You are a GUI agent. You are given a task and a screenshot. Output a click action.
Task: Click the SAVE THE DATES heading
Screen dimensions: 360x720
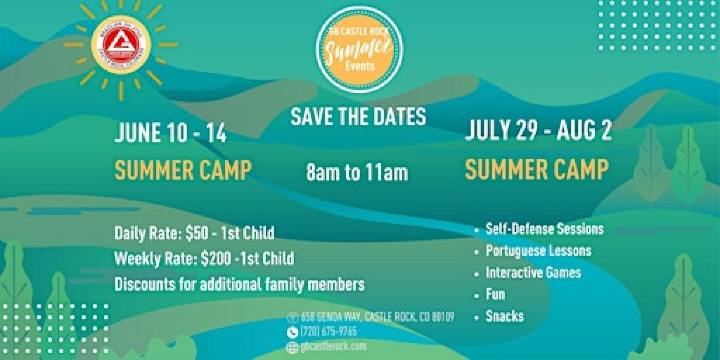[x=358, y=116]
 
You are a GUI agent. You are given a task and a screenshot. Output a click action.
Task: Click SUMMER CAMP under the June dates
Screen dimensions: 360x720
[x=182, y=169]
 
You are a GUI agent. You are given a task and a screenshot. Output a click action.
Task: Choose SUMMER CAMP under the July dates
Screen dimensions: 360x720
[x=536, y=169]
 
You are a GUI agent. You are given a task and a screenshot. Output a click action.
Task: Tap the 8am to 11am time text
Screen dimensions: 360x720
[x=357, y=172]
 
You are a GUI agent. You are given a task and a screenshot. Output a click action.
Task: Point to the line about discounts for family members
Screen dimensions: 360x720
[x=239, y=283]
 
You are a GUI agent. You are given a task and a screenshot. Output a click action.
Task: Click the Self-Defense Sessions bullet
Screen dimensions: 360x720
[x=544, y=229]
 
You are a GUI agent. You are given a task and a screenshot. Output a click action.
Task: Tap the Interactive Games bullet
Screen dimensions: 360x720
[x=532, y=273]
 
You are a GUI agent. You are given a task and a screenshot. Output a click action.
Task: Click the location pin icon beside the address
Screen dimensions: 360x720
[x=292, y=317]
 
